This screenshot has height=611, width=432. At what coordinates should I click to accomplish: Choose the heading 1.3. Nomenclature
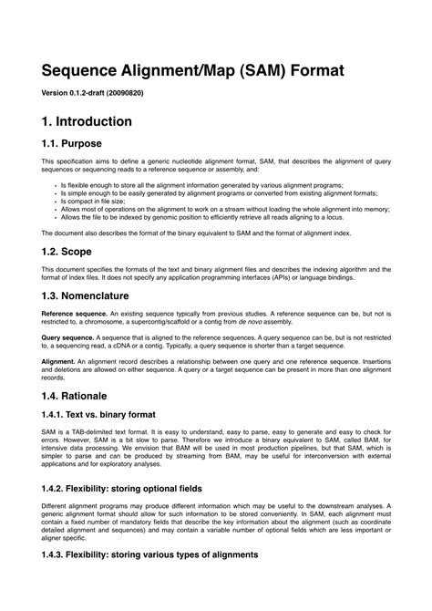(x=86, y=295)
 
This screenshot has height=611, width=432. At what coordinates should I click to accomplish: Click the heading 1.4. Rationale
(x=74, y=396)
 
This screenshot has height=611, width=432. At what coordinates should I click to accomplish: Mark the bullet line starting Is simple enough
(x=209, y=192)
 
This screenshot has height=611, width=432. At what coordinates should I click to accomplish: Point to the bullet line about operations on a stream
(x=228, y=209)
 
